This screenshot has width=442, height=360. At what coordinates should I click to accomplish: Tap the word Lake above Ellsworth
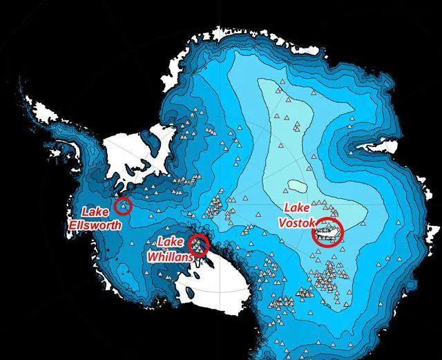pos(95,211)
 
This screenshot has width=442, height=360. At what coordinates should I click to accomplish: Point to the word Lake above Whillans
pos(170,242)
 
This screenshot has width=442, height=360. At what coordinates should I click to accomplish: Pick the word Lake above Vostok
pos(300,206)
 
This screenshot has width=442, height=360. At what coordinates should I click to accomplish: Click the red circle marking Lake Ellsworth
pos(123,205)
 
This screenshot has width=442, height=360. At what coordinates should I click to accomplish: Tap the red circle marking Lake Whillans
pos(198,245)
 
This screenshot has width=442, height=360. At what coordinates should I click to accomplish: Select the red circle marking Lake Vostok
pos(328,233)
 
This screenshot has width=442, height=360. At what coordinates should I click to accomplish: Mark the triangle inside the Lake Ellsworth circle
pos(123,204)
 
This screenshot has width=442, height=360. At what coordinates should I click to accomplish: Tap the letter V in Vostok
pos(283,219)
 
